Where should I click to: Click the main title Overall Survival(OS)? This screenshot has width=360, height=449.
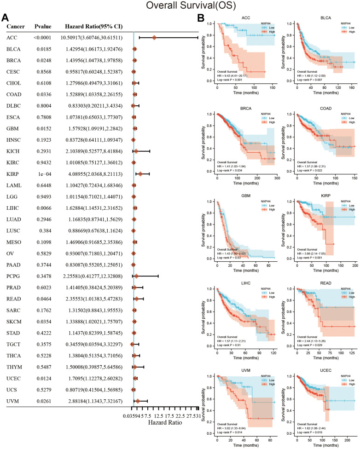tap(180, 6)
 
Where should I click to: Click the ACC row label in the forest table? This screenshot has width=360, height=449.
tap(12, 37)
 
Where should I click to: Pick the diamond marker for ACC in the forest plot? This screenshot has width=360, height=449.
tap(155, 37)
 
